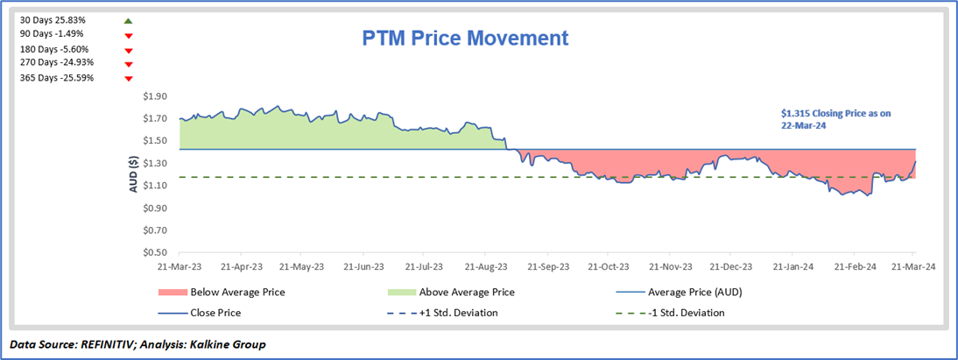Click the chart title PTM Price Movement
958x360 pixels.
pos(465,39)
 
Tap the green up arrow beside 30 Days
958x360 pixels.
pos(128,20)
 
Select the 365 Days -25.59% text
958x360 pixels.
pos(56,78)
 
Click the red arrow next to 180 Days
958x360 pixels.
pos(129,50)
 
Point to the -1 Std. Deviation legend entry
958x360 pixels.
pos(686,313)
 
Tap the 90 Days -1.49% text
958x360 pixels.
pos(53,34)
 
